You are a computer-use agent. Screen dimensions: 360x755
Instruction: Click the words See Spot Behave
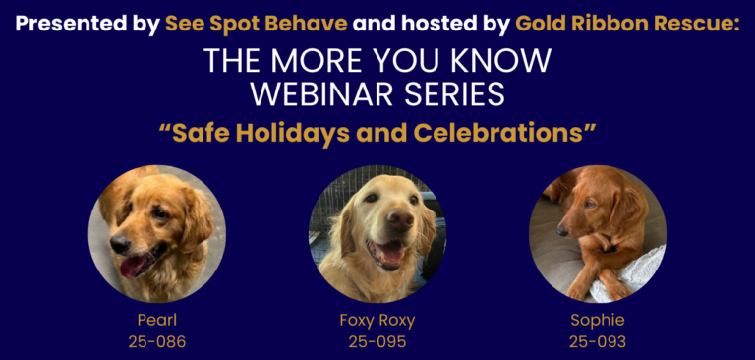click(x=258, y=22)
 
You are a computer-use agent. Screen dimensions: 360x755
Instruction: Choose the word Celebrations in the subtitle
click(x=497, y=132)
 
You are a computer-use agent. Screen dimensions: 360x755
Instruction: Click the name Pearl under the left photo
click(x=156, y=320)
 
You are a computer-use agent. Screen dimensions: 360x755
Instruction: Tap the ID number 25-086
click(x=156, y=342)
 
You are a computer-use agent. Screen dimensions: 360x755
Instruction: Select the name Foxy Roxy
click(x=377, y=320)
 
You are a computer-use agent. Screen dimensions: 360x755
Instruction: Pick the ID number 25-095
click(x=377, y=342)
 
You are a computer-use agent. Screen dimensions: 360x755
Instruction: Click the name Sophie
click(x=597, y=320)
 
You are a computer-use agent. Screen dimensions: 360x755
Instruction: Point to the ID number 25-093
click(x=597, y=342)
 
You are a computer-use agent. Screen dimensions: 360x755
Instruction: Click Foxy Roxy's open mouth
click(x=391, y=252)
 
